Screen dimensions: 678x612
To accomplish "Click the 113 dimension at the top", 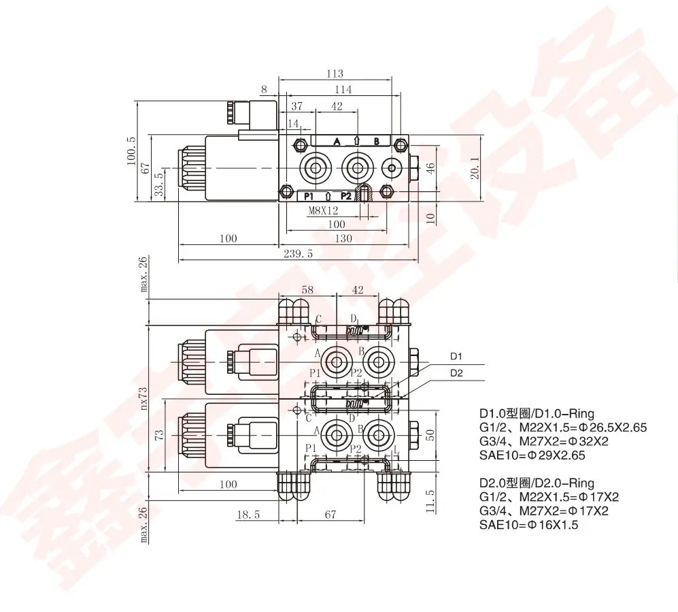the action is click(x=335, y=74).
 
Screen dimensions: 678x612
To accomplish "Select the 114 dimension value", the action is click(x=343, y=90).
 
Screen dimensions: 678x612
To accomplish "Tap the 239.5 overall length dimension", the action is click(x=298, y=254).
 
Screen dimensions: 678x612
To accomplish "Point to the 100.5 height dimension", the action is click(x=131, y=150).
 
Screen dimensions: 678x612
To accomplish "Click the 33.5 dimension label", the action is click(x=159, y=184).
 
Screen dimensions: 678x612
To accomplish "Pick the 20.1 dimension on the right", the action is click(x=475, y=167).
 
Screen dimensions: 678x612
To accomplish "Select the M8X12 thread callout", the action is click(x=323, y=211).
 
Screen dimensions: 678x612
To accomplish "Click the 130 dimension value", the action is click(x=343, y=238).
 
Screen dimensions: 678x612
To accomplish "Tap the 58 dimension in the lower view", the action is click(x=307, y=289).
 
